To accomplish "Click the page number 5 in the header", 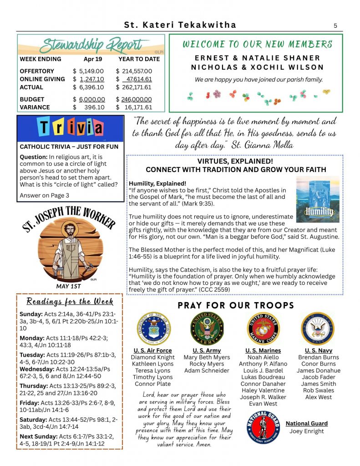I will (x=335, y=26).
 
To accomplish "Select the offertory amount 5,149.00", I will (x=91, y=71).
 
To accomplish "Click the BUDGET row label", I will (x=32, y=99).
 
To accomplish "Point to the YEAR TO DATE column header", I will (x=139, y=59).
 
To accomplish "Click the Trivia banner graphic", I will (x=71, y=128).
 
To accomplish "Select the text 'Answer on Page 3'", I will (x=44, y=195).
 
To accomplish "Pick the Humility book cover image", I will (x=317, y=199).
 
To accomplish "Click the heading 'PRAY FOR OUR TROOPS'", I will (x=236, y=305).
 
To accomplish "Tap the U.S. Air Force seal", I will (x=153, y=329).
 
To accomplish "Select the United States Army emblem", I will (x=207, y=329).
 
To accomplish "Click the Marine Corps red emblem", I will (x=263, y=329).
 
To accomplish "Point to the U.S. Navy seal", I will (x=317, y=329).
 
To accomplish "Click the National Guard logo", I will (x=262, y=426).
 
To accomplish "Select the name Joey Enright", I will (x=307, y=431).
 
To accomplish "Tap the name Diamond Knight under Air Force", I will (x=152, y=358).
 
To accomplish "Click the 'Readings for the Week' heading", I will (x=70, y=302).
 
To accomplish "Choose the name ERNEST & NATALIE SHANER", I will (x=258, y=58).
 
